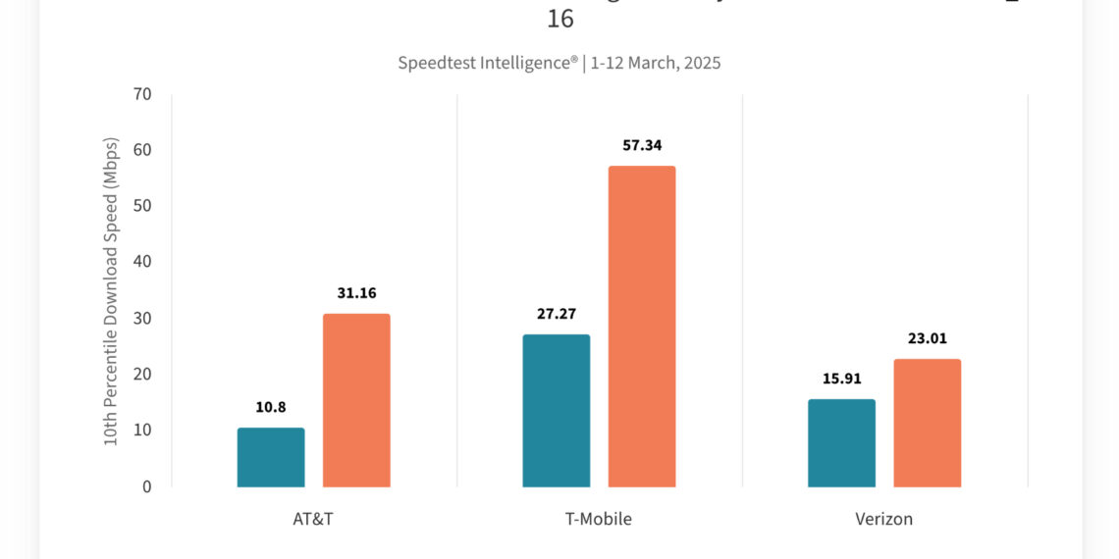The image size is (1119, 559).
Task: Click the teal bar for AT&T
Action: (x=271, y=457)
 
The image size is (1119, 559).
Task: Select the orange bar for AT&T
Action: (x=356, y=400)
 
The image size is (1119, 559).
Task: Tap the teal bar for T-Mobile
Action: (x=556, y=410)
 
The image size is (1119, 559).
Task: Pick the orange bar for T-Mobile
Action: (x=642, y=326)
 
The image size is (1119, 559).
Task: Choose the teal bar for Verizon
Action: (x=841, y=442)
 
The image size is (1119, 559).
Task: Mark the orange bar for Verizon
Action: (x=927, y=423)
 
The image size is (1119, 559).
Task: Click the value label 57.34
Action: (x=642, y=145)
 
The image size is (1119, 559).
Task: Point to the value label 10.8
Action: (x=271, y=407)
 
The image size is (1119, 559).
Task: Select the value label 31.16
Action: (x=356, y=292)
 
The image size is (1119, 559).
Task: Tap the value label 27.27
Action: (x=556, y=314)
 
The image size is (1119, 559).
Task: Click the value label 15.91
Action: (x=841, y=379)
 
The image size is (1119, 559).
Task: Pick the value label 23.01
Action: (x=927, y=338)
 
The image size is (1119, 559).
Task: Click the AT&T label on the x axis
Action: (x=313, y=519)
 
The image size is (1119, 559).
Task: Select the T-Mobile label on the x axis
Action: (x=599, y=519)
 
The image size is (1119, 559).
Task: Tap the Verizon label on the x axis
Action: (x=883, y=519)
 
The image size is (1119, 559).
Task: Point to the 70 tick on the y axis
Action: (x=142, y=95)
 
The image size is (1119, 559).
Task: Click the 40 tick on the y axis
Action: (x=142, y=262)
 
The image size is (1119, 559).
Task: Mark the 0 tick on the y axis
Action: (x=147, y=486)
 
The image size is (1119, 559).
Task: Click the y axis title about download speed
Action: (x=111, y=291)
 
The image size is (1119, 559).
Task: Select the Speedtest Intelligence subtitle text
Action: (x=559, y=63)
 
